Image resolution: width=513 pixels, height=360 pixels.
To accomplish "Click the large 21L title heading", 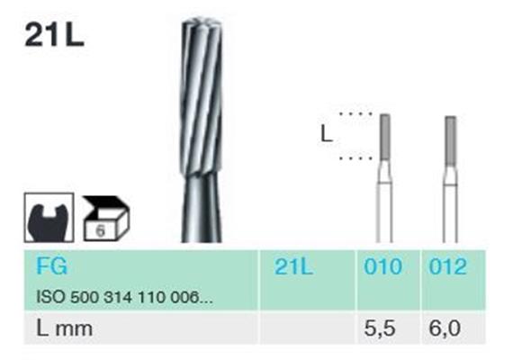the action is click(x=54, y=36).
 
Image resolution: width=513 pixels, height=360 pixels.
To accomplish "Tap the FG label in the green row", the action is click(x=51, y=265).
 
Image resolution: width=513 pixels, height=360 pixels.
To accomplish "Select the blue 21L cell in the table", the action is click(x=293, y=266).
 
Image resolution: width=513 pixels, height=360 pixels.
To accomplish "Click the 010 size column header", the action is click(x=382, y=266).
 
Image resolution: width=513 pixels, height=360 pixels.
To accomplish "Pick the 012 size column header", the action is click(x=447, y=266).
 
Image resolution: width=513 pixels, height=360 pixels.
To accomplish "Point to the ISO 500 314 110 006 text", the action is click(x=124, y=297).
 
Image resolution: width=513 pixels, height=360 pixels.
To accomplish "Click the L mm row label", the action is click(x=64, y=328).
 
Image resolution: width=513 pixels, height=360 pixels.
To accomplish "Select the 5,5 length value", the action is click(x=380, y=328).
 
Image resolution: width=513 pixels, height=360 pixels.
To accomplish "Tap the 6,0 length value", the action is click(x=445, y=328).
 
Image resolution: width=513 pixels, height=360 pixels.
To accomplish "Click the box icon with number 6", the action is click(x=106, y=219).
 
